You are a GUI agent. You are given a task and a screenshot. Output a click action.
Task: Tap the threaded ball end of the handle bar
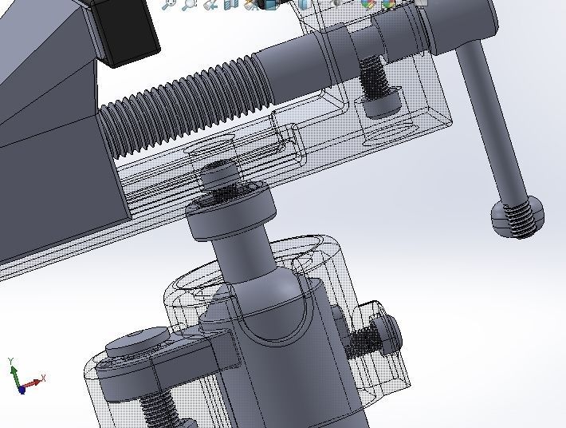(518, 217)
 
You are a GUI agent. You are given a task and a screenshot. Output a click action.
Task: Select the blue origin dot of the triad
(22, 389)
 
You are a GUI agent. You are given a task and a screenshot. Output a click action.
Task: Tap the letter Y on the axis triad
(11, 362)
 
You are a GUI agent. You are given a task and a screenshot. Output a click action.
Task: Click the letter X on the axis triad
(43, 378)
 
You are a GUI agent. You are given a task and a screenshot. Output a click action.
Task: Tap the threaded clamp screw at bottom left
(159, 408)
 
